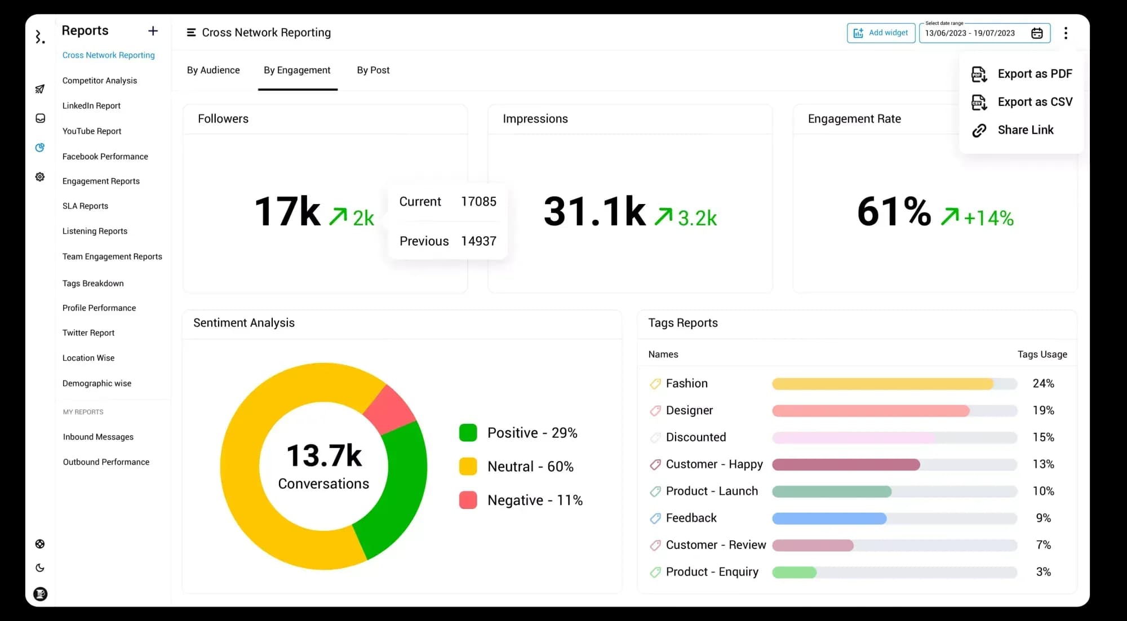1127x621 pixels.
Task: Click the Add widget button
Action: pyautogui.click(x=881, y=33)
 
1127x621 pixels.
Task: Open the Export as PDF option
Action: pyautogui.click(x=1022, y=74)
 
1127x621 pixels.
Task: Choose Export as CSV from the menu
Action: pyautogui.click(x=1022, y=102)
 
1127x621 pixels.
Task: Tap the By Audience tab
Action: pyautogui.click(x=213, y=70)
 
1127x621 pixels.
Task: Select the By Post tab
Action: pyautogui.click(x=373, y=70)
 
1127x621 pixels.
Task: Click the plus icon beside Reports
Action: pyautogui.click(x=153, y=31)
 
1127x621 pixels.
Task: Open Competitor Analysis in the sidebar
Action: pyautogui.click(x=100, y=81)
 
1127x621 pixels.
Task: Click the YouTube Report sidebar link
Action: pyautogui.click(x=92, y=131)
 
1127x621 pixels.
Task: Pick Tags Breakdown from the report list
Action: pyautogui.click(x=93, y=283)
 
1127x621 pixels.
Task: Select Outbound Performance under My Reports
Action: pyautogui.click(x=106, y=462)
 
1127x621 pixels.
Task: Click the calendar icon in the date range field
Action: pyautogui.click(x=1037, y=33)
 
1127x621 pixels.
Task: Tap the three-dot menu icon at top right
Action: pyautogui.click(x=1066, y=33)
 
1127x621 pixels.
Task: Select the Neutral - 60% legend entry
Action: pyautogui.click(x=530, y=467)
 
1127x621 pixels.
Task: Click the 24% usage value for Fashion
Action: pyautogui.click(x=1043, y=384)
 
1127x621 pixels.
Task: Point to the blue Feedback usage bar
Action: pyautogui.click(x=829, y=518)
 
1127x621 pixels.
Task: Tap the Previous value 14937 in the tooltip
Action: pyautogui.click(x=478, y=241)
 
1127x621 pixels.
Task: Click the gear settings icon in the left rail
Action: pyautogui.click(x=40, y=177)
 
